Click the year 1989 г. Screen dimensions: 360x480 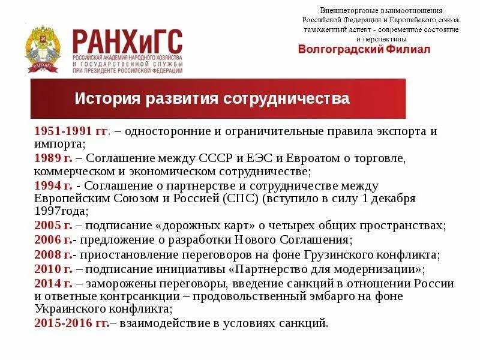[53, 159]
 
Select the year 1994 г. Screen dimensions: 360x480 [53, 187]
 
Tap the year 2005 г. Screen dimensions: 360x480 [53, 226]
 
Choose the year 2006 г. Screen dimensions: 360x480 [53, 240]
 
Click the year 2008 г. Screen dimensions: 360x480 [53, 254]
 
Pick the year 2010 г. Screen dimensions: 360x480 [53, 269]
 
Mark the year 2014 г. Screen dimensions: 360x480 [53, 283]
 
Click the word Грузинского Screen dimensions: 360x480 [344, 254]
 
